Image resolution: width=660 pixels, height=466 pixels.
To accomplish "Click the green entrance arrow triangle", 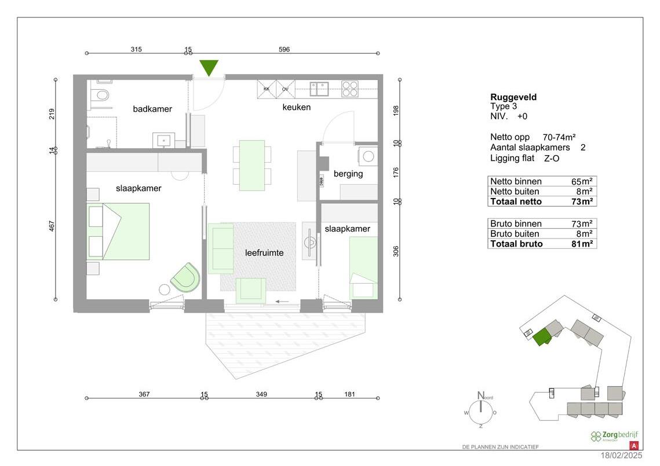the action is (x=209, y=67).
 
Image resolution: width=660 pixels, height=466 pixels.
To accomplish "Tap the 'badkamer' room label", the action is (x=152, y=109).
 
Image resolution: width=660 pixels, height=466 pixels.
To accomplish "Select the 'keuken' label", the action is (x=297, y=107).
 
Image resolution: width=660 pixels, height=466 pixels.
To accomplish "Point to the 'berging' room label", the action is (x=348, y=174).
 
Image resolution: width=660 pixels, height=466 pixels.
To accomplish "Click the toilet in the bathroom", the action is (x=103, y=96).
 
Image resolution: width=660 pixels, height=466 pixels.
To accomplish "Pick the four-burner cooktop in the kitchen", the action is (x=350, y=89).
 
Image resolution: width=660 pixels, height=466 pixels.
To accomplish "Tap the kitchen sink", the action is (x=319, y=89).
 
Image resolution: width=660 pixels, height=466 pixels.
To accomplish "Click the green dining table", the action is (x=252, y=165).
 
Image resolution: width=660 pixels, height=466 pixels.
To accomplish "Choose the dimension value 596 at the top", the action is (x=284, y=50).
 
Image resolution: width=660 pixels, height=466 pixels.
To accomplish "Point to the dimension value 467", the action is (x=52, y=226).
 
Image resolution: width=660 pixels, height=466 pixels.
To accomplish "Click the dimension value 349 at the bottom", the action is (x=261, y=395).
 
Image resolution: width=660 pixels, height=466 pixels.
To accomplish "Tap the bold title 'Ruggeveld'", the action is (x=513, y=97).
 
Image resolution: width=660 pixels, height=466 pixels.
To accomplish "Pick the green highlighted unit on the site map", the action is (x=542, y=337).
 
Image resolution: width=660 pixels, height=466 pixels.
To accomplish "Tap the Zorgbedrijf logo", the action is (x=610, y=436).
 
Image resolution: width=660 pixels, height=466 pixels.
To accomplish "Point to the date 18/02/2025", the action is (x=622, y=457).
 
